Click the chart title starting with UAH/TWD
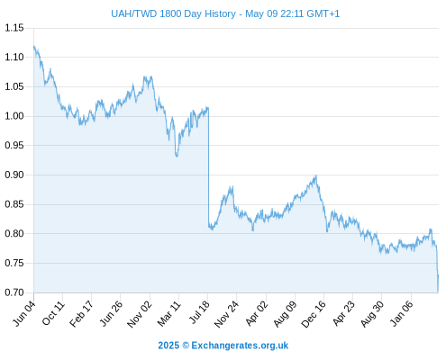(225, 13)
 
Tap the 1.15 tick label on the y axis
(14, 28)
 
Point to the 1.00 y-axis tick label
(14, 116)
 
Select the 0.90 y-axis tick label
(14, 175)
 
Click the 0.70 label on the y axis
(14, 292)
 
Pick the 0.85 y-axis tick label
(14, 204)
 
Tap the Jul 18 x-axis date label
(199, 312)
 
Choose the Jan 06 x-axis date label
(402, 313)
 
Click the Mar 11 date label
(168, 313)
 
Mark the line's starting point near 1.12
(34, 47)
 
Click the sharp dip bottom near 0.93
(177, 157)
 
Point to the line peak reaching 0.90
(316, 175)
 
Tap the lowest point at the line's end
(438, 291)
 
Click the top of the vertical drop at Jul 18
(208, 107)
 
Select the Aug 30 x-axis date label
(372, 313)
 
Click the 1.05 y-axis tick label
(14, 86)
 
